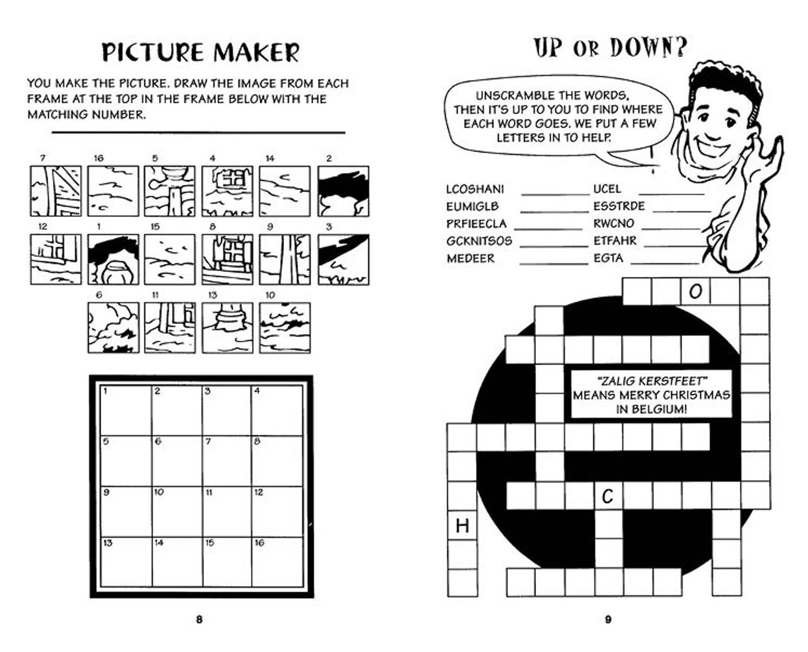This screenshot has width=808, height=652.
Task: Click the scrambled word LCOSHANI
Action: (x=475, y=189)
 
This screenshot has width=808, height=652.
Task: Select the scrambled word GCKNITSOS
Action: (x=479, y=241)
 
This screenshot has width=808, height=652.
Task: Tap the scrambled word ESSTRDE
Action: (x=619, y=206)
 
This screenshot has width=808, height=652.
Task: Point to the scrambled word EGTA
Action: (x=609, y=258)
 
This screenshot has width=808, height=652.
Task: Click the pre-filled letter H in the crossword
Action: (x=462, y=526)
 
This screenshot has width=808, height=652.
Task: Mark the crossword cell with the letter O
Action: (x=696, y=292)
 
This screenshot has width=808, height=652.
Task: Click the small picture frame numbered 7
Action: (x=56, y=191)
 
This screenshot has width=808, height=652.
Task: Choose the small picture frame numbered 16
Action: (x=113, y=191)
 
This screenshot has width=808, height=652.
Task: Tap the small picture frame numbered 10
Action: (x=285, y=328)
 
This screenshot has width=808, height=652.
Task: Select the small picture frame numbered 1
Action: (x=113, y=259)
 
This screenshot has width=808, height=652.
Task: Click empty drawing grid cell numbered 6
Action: (x=177, y=461)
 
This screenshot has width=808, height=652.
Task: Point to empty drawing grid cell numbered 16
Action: (x=277, y=562)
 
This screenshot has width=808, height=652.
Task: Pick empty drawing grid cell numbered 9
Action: (x=126, y=512)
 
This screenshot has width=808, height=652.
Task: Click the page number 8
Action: (x=199, y=620)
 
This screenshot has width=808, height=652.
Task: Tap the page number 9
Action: (x=608, y=620)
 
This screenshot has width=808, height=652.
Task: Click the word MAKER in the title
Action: (x=256, y=52)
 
